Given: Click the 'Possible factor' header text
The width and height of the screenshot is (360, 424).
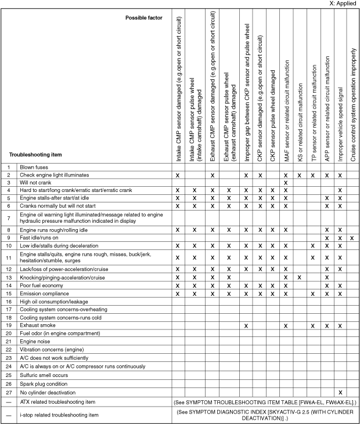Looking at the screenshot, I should [144, 18].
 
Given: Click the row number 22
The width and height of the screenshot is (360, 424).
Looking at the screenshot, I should [9, 351].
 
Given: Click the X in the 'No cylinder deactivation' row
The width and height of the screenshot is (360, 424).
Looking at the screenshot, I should [340, 392].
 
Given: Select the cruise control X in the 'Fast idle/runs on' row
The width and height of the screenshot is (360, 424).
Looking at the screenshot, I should [353, 238].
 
